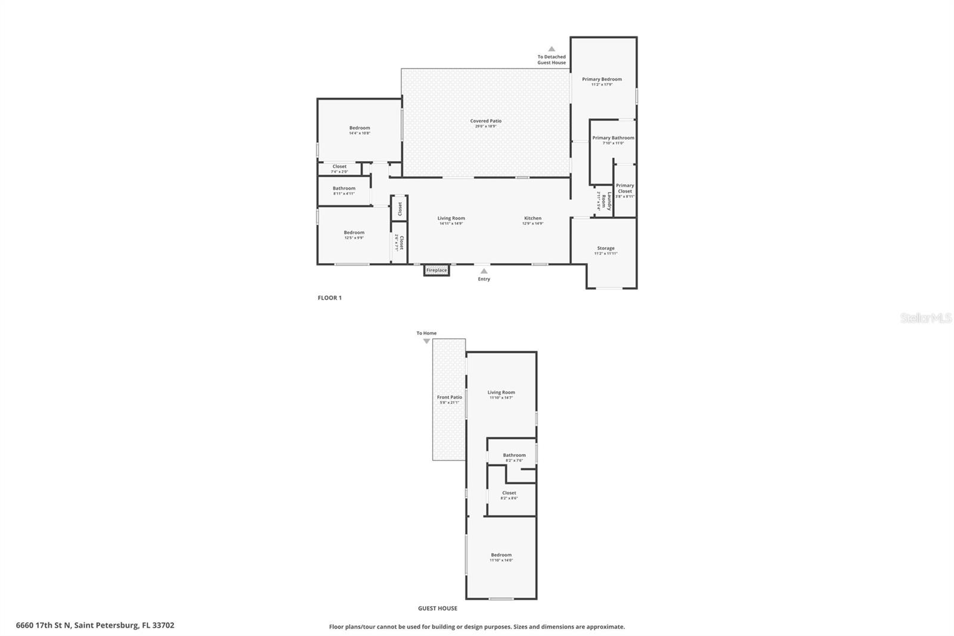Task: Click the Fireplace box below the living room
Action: pyautogui.click(x=436, y=270)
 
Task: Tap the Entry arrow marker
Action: pyautogui.click(x=484, y=271)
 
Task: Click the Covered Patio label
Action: pyautogui.click(x=485, y=121)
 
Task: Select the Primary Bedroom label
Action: pyautogui.click(x=602, y=79)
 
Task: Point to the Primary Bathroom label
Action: pyautogui.click(x=613, y=138)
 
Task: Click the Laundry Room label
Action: pyautogui.click(x=606, y=200)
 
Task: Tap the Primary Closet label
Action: pyautogui.click(x=625, y=189)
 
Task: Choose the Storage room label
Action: pyautogui.click(x=605, y=248)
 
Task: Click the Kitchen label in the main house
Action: pyautogui.click(x=532, y=218)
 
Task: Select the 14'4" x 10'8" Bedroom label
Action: pyautogui.click(x=360, y=128)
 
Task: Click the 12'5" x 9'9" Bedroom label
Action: pyautogui.click(x=354, y=233)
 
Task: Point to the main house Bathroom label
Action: pyautogui.click(x=344, y=189)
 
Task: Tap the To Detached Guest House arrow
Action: pyautogui.click(x=552, y=50)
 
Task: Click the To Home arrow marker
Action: pyautogui.click(x=426, y=341)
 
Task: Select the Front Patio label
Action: pyautogui.click(x=449, y=397)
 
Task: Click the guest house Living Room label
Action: pyautogui.click(x=501, y=393)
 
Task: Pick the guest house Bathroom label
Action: pyautogui.click(x=514, y=455)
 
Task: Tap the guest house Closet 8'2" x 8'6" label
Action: pyautogui.click(x=509, y=493)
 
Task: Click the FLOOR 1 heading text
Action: pyautogui.click(x=330, y=298)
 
